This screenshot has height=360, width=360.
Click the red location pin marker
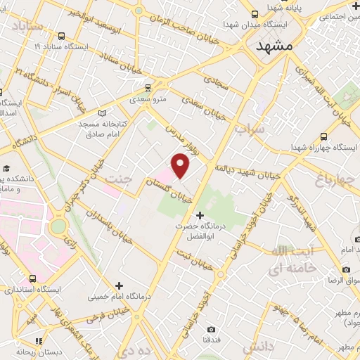tap(181, 166)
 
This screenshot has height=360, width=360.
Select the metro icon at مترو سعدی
tap(148, 88)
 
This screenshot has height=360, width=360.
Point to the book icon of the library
tap(103, 112)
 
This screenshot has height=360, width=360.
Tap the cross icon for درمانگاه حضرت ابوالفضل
tap(200, 215)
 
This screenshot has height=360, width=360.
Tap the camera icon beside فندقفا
tap(212, 329)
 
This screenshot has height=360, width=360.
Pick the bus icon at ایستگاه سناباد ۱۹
tap(63, 36)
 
